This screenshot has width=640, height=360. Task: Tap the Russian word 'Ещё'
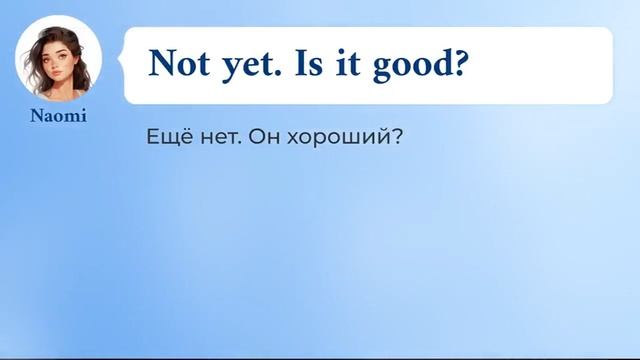(x=166, y=136)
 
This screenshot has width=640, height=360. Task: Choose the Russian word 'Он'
(x=261, y=137)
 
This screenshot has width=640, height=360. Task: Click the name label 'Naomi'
(x=57, y=116)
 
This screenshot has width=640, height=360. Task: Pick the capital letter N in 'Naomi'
(x=36, y=116)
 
